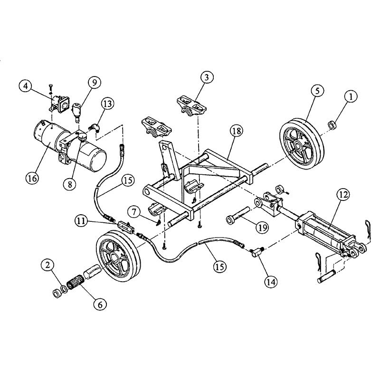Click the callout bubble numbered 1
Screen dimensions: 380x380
click(x=351, y=97)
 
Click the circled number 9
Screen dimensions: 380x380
click(x=94, y=83)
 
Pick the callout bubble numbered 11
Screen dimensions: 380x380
click(x=82, y=221)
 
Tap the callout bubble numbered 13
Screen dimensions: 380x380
click(x=108, y=104)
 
